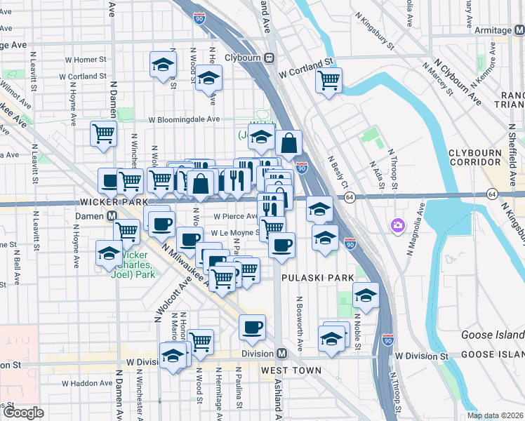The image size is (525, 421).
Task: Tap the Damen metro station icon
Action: coord(112,215)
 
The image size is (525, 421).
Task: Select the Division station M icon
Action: coord(281,354)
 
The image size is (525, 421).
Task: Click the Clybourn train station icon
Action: coord(269,58)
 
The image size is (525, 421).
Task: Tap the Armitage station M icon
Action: coord(519,30)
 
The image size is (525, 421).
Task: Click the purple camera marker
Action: coord(398,225)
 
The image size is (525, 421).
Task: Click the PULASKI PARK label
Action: coord(318,278)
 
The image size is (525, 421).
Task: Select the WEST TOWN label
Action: coord(291,370)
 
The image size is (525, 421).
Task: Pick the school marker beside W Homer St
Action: coord(163,65)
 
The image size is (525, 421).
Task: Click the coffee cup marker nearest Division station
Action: coord(253,326)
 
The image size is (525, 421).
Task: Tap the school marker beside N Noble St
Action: coord(365,295)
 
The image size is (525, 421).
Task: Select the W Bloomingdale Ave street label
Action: coord(183,119)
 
